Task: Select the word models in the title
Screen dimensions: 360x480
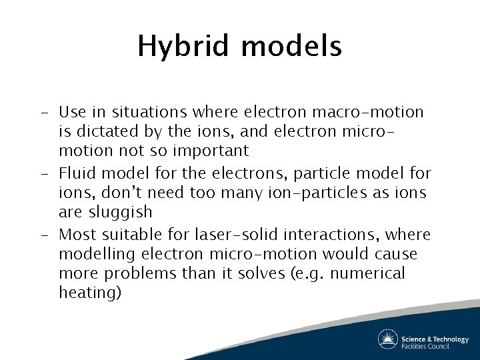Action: coord(291,47)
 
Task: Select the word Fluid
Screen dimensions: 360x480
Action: coord(77,174)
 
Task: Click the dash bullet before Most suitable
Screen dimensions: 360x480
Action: coord(43,235)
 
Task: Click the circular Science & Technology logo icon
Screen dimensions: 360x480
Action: coord(387,339)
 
